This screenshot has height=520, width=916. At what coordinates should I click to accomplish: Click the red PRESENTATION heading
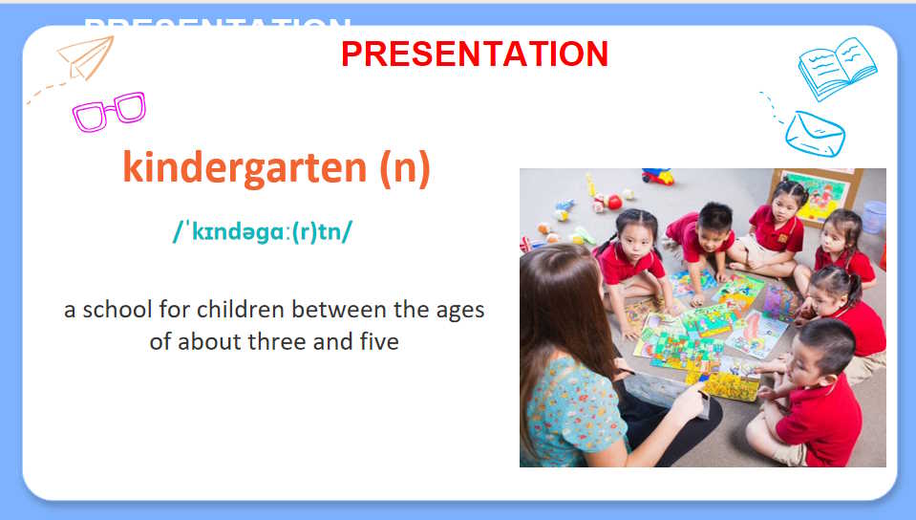[x=475, y=54]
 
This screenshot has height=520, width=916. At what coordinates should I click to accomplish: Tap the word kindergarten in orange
[x=245, y=168]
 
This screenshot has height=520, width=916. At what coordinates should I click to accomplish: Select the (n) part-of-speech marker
[x=405, y=168]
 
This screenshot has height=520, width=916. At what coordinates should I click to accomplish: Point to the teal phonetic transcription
[x=263, y=231]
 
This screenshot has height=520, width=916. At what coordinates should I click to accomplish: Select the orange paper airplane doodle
[x=87, y=57]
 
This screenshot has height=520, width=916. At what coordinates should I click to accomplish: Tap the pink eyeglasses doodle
[x=109, y=111]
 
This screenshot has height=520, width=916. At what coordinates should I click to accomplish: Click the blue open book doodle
[x=837, y=69]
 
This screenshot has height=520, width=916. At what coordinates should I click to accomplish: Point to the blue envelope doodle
[x=815, y=134]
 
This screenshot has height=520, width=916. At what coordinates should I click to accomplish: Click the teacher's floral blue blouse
[x=572, y=412]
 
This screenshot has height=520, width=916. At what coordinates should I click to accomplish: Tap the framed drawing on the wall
[x=818, y=196]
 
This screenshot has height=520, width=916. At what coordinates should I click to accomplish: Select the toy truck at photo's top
[x=658, y=176]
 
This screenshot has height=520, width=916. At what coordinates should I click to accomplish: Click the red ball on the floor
[x=614, y=202]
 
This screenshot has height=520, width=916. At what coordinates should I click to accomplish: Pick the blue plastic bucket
[x=874, y=217]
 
